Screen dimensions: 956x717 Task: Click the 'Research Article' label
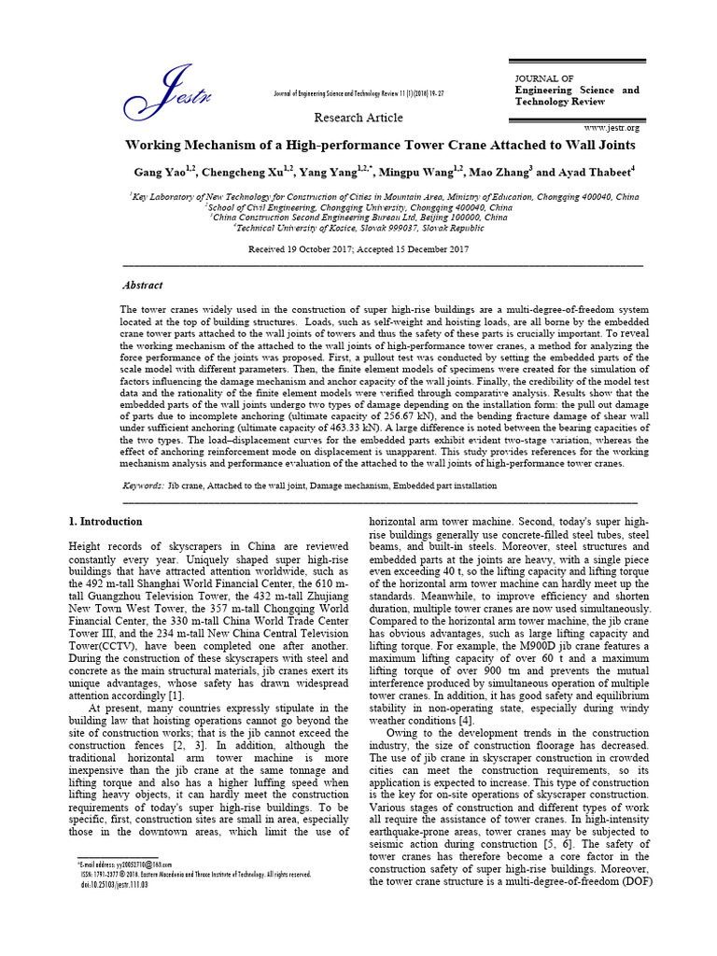click(358, 118)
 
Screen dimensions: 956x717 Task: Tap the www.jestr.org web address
click(612, 127)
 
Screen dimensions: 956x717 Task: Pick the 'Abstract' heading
click(143, 286)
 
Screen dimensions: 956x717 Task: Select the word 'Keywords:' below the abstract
click(144, 486)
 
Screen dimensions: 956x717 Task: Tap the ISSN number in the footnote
click(112, 875)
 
